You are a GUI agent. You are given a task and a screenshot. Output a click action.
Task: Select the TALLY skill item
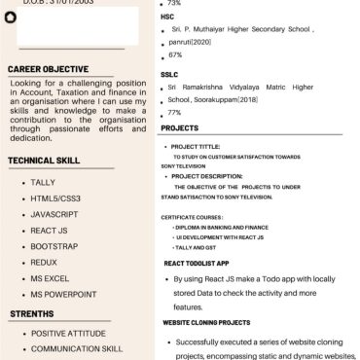[43, 182]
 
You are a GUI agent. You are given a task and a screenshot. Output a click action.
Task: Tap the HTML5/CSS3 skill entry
[55, 198]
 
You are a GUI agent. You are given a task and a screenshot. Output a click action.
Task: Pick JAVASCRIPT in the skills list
[54, 213]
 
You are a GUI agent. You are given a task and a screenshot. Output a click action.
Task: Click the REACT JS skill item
[50, 230]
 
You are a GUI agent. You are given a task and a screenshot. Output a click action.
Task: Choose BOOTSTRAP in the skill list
[54, 246]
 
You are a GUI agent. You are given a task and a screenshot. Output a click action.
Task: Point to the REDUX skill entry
[44, 262]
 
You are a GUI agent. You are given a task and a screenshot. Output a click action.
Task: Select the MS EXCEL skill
[50, 278]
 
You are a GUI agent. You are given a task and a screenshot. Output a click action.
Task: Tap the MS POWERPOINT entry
[63, 294]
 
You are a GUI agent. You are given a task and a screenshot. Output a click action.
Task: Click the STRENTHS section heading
[32, 314]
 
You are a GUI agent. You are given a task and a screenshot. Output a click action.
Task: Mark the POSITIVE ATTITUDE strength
[68, 333]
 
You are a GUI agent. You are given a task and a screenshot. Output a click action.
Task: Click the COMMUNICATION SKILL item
[77, 348]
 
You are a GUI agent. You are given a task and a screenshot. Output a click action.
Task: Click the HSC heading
[167, 17]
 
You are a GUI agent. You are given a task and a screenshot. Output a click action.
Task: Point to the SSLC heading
[169, 74]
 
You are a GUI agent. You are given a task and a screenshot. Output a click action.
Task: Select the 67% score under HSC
[175, 55]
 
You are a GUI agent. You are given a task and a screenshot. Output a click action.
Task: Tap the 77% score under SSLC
[175, 113]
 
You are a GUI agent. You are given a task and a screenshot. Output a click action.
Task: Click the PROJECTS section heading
[180, 127]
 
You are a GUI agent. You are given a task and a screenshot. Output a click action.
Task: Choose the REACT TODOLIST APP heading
[197, 263]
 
